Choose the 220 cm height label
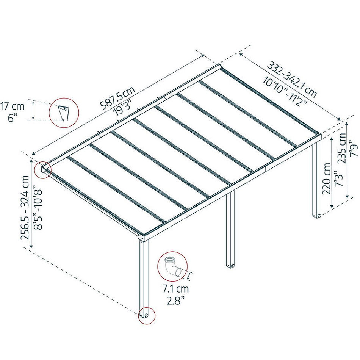point(327,178)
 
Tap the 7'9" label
point(354,150)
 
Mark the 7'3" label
point(339,178)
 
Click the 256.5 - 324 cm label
point(25,208)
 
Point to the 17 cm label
point(12,106)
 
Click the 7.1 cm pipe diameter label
point(176,289)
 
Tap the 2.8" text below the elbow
point(176,301)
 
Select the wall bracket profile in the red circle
point(63,113)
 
